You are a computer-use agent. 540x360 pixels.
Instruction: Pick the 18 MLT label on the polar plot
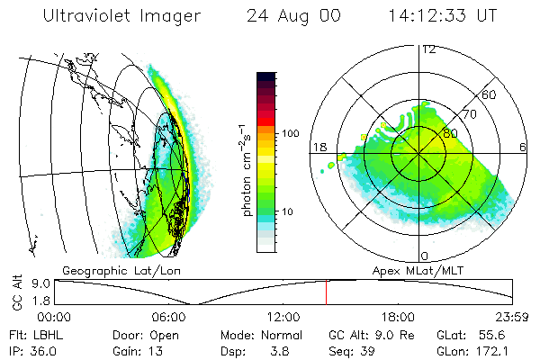click(318, 147)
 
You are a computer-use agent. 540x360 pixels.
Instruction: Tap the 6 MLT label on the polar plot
click(523, 147)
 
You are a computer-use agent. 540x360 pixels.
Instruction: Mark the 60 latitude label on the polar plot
click(490, 94)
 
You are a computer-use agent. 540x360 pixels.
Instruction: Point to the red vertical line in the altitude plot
click(326, 292)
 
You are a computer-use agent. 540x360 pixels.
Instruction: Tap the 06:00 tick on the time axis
click(169, 317)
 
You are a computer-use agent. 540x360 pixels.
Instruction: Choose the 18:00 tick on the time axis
click(398, 317)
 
